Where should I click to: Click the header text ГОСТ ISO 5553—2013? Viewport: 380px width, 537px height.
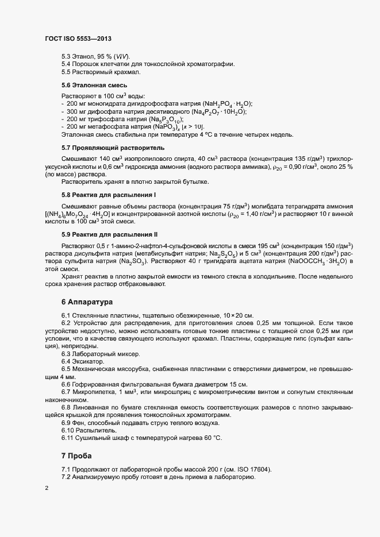pos(78,38)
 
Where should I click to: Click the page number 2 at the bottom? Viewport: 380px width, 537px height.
pos(47,489)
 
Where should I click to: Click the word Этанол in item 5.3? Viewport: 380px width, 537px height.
pos(83,56)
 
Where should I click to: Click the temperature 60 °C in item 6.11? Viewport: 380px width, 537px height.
pos(213,438)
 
